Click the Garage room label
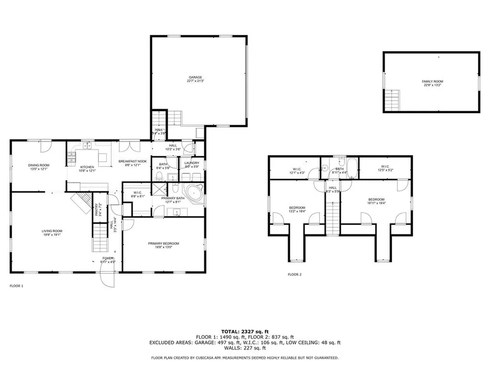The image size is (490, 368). click(x=195, y=79)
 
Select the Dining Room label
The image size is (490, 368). click(x=38, y=167)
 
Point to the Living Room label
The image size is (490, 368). click(x=52, y=233)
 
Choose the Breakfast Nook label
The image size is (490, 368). click(x=129, y=163)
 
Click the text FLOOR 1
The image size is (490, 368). click(x=16, y=286)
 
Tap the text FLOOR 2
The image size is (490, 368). click(x=294, y=275)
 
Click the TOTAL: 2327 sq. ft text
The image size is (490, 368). click(x=245, y=331)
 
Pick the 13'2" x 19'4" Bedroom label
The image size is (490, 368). click(x=297, y=209)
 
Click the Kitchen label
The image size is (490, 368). click(x=88, y=169)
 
